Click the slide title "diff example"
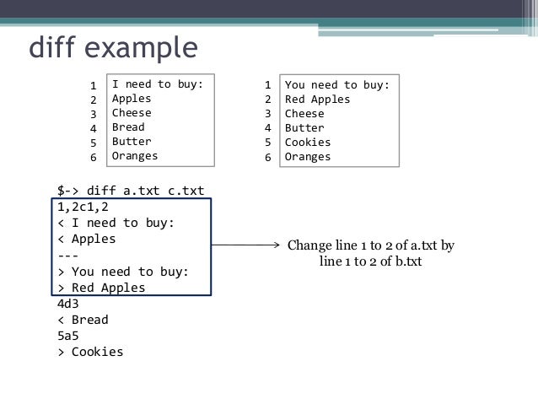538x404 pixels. (x=112, y=48)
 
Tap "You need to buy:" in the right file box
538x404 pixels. (x=336, y=84)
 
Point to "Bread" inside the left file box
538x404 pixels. (x=128, y=127)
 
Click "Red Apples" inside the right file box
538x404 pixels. (x=317, y=99)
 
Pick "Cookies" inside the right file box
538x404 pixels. (x=308, y=142)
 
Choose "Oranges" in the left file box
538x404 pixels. (x=135, y=156)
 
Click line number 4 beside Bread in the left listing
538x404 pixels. (x=94, y=128)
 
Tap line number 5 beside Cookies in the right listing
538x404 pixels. (x=267, y=143)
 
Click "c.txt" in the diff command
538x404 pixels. (x=184, y=191)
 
